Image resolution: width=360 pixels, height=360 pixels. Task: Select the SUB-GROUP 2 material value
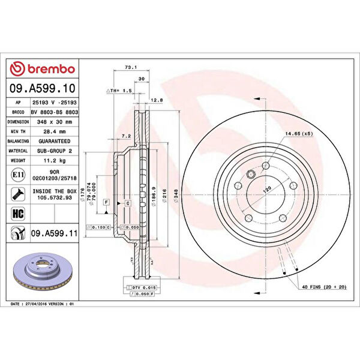point(55,151)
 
